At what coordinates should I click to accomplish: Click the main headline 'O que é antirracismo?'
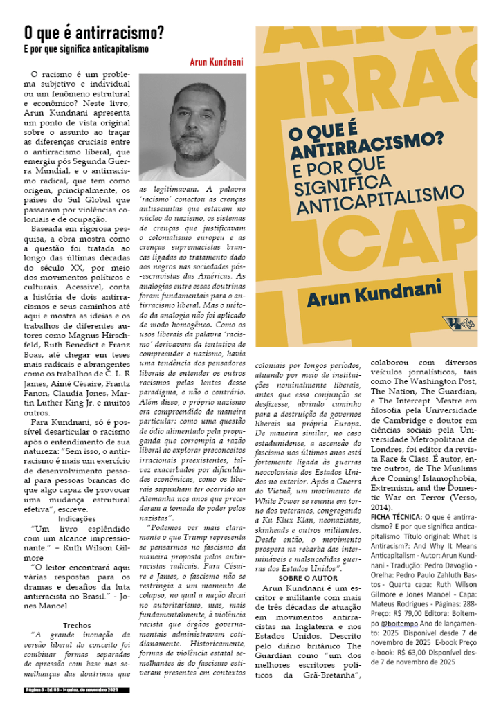(x=93, y=32)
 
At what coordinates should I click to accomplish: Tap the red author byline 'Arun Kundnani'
(x=217, y=62)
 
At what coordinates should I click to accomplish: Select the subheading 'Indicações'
(x=77, y=498)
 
